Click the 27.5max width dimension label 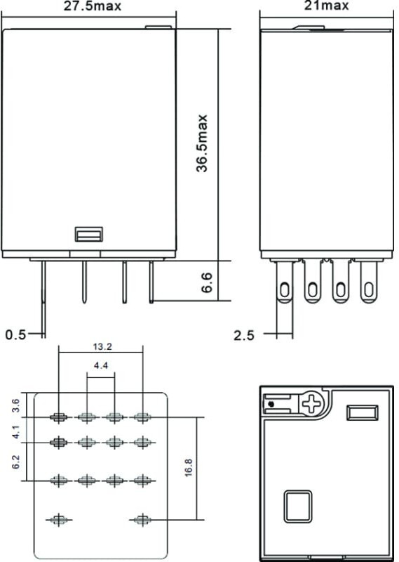coord(93,6)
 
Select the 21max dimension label coord(326,5)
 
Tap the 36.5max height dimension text coord(202,143)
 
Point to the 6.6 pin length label coord(207,283)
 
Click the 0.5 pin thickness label coord(15,335)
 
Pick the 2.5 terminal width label coord(244,336)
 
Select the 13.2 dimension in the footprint coord(102,346)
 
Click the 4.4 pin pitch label coord(101,365)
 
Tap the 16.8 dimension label coord(189,468)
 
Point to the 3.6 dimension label coord(15,406)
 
